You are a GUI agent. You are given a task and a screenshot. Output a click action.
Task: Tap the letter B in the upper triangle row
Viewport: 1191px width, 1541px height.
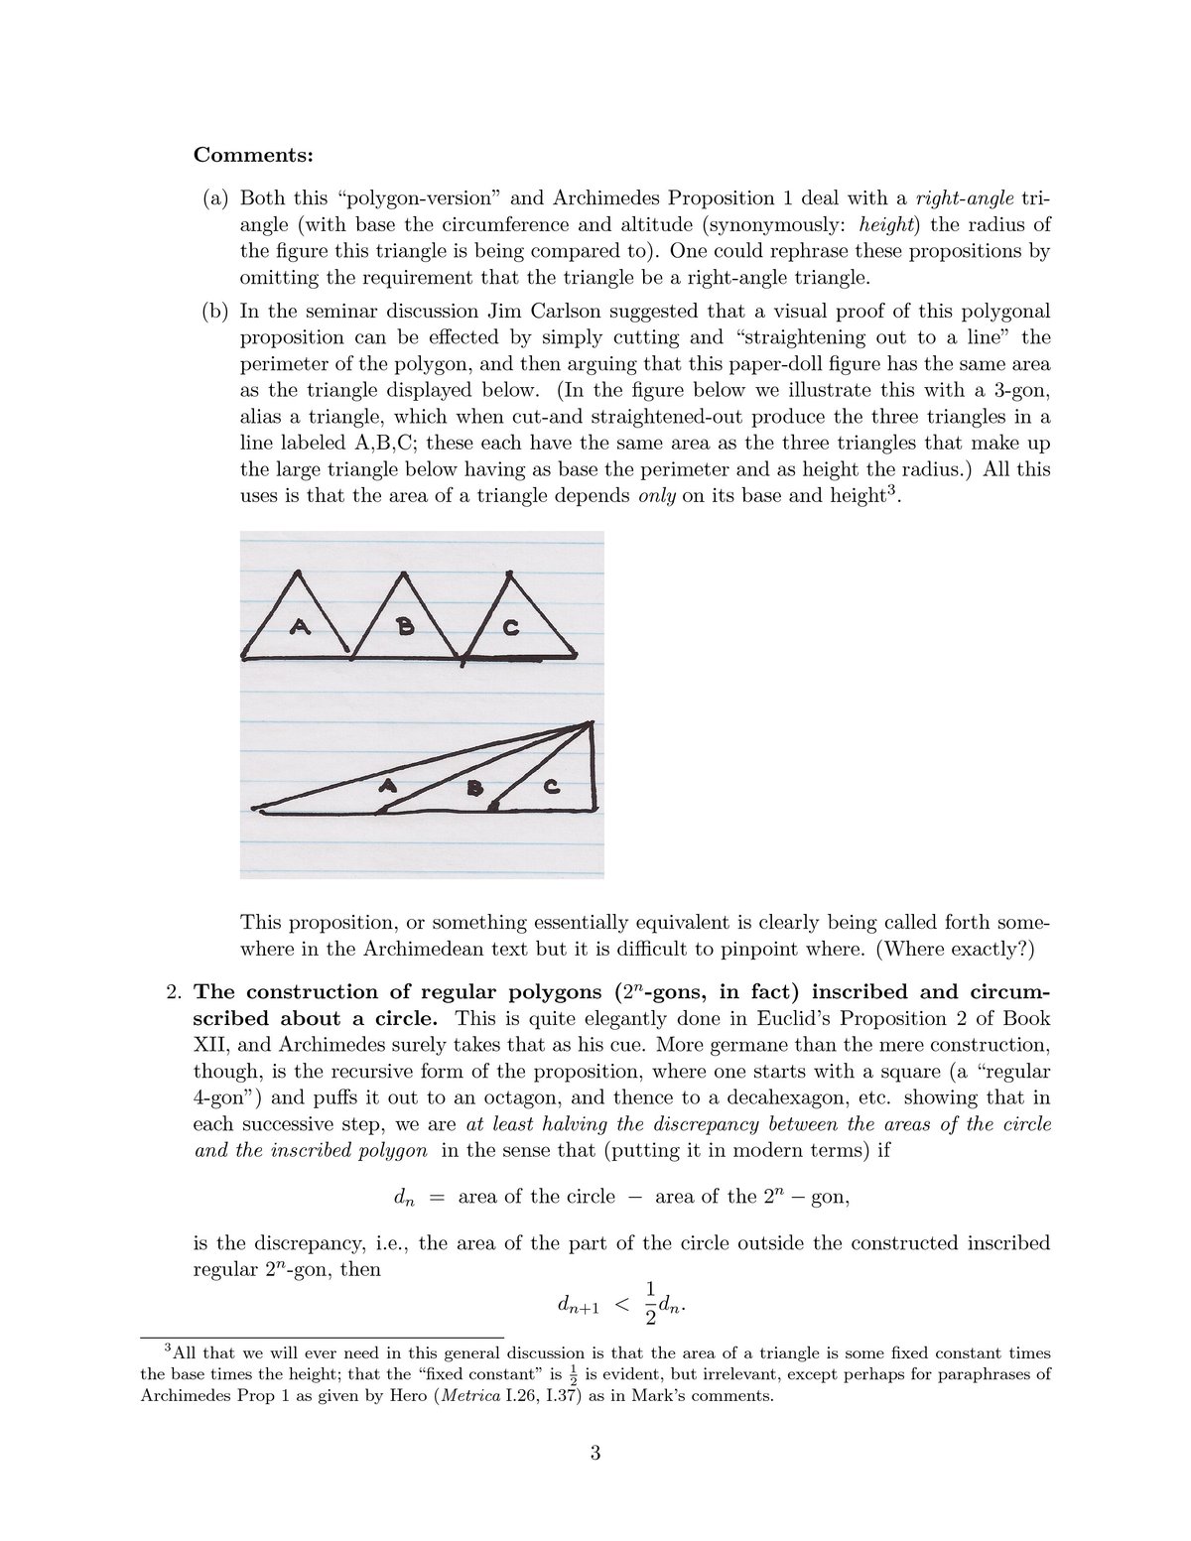click(x=404, y=626)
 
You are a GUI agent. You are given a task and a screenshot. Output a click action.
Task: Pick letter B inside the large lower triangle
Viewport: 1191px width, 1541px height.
click(x=474, y=788)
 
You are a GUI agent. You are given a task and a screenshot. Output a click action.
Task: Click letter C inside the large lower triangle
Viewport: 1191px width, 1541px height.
click(x=552, y=788)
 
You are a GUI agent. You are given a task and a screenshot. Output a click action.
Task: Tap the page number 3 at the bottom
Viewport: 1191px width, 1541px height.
click(x=595, y=1455)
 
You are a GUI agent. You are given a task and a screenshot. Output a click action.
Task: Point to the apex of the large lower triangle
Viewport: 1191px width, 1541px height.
click(x=591, y=725)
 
